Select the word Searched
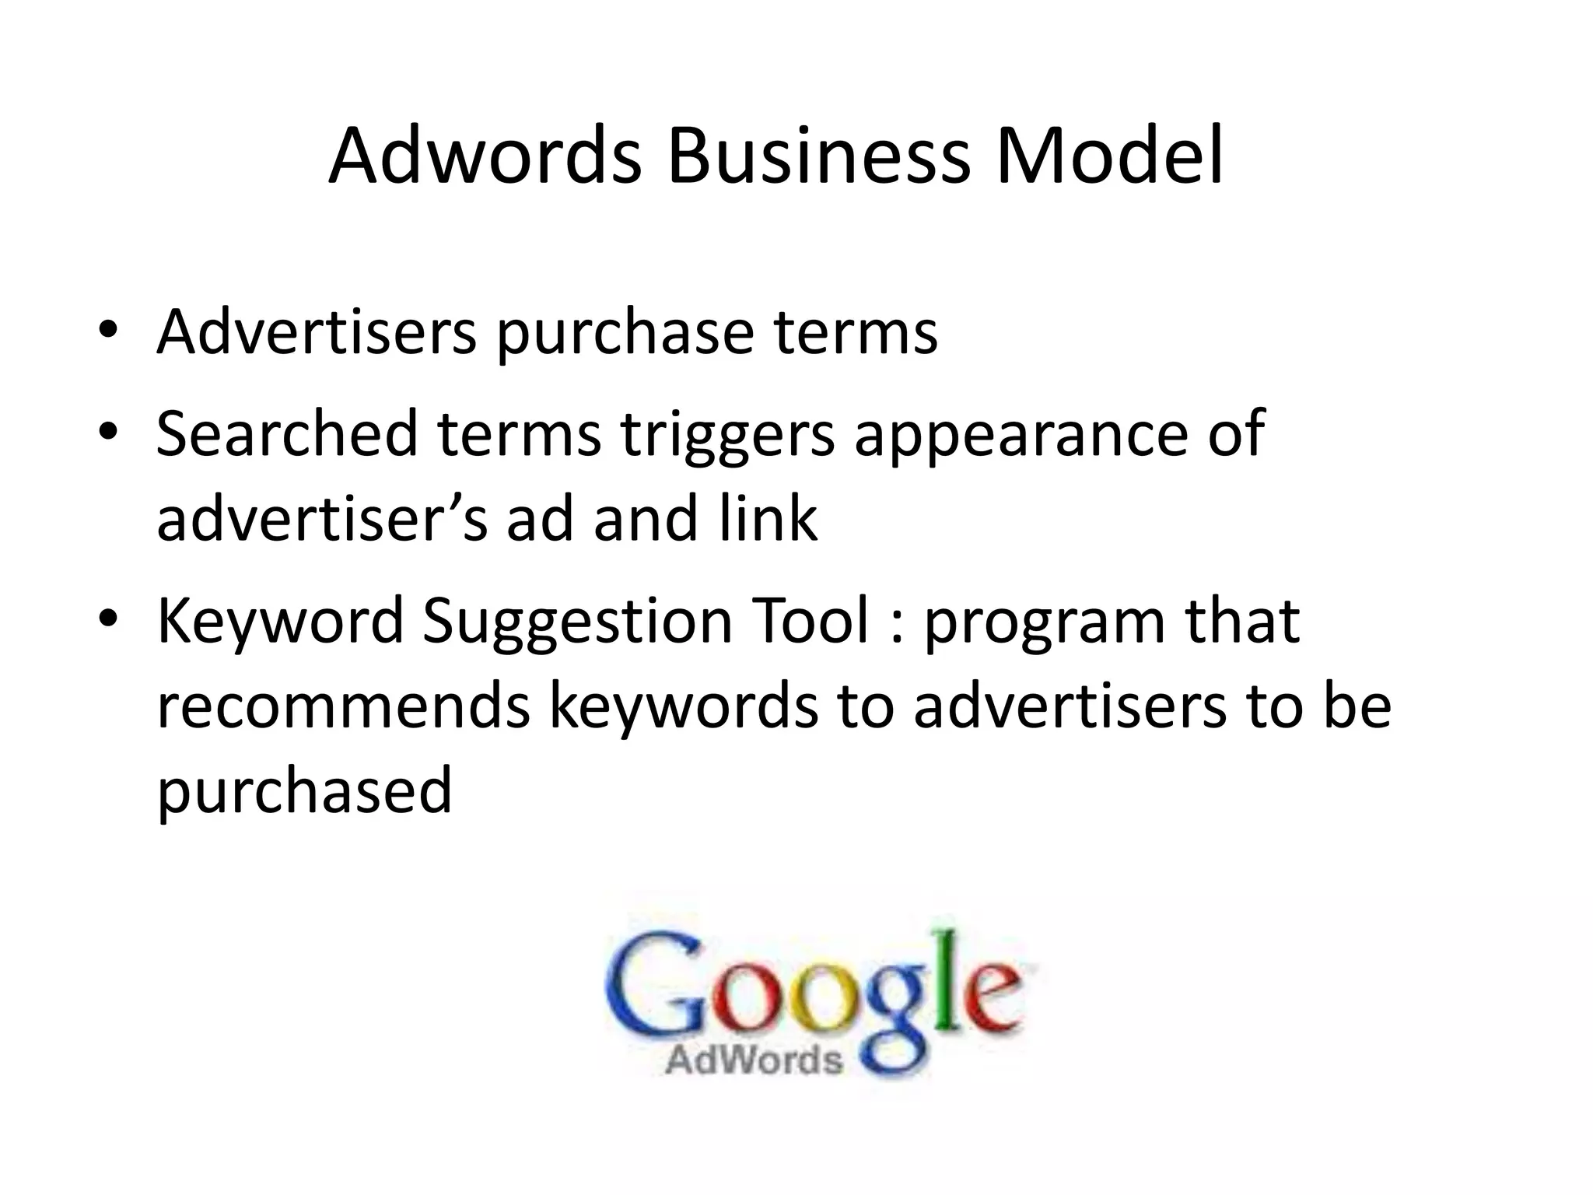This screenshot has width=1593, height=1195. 287,433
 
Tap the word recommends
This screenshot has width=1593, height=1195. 343,706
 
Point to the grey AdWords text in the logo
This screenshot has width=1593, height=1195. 754,1060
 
